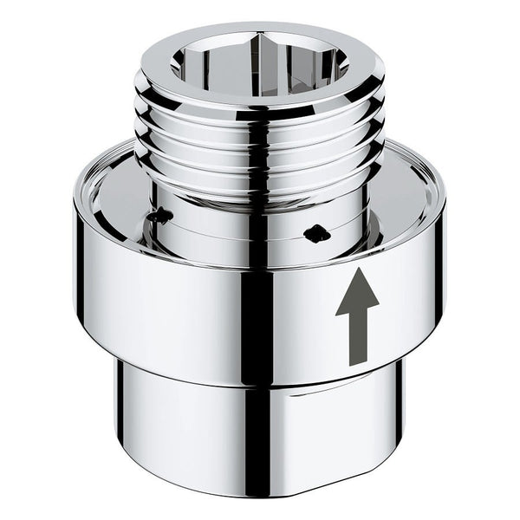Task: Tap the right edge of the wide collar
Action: [443, 277]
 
